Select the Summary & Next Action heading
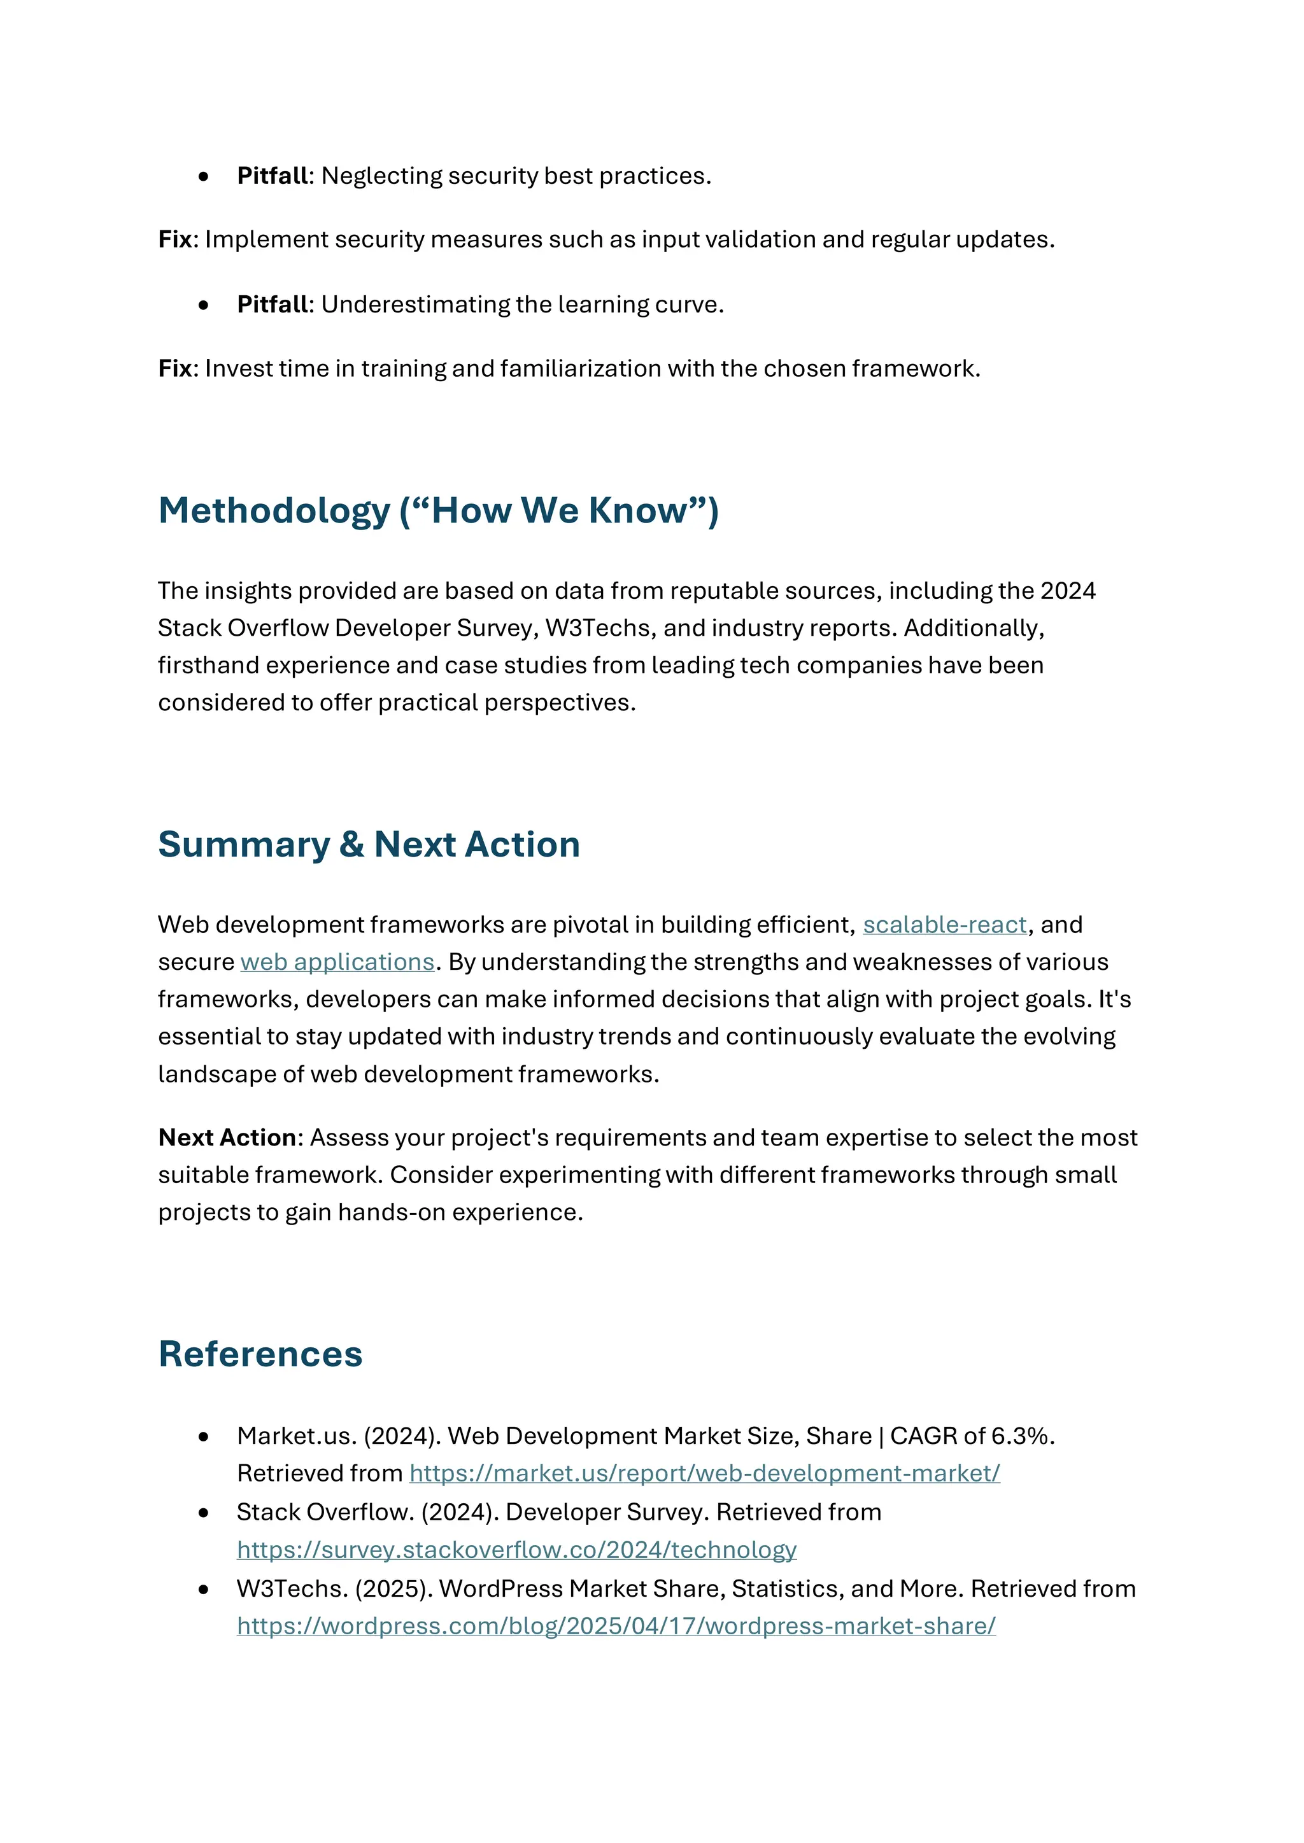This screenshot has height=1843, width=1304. (x=369, y=844)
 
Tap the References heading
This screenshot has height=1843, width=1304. (x=260, y=1354)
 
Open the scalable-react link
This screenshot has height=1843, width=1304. (x=944, y=925)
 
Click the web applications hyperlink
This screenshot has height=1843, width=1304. (x=337, y=962)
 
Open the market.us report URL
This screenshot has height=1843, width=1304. (x=704, y=1473)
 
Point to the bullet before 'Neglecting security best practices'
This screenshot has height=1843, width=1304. (x=204, y=176)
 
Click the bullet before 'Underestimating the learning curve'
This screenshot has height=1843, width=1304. (x=204, y=305)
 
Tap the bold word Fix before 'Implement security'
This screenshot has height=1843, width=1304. (x=175, y=239)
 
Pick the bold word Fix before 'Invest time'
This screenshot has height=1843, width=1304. (x=175, y=368)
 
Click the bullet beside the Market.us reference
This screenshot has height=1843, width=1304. (x=204, y=1437)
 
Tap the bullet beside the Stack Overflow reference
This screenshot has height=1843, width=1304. (x=204, y=1513)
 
